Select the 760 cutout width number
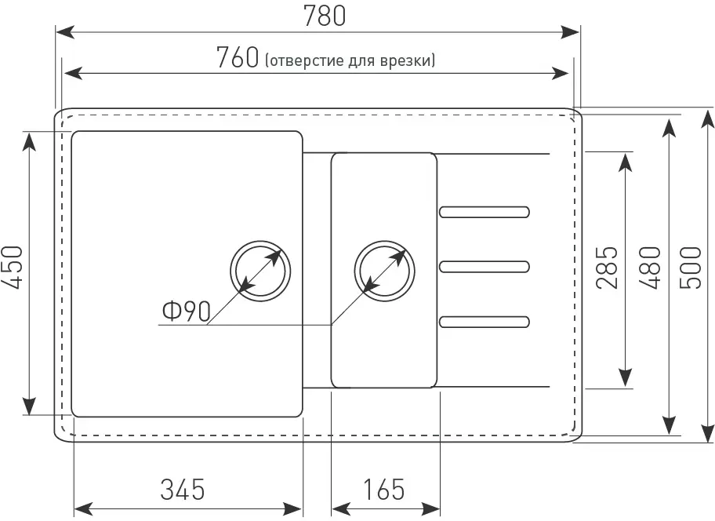click(x=238, y=58)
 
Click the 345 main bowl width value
click(x=183, y=490)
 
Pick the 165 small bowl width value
click(x=385, y=490)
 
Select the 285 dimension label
click(x=608, y=268)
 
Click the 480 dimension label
click(x=649, y=268)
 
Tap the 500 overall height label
click(x=690, y=268)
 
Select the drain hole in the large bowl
click(x=261, y=270)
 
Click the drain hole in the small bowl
click(x=383, y=270)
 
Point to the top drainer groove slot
click(x=484, y=211)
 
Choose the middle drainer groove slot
click(x=484, y=266)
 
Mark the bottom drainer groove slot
click(x=484, y=320)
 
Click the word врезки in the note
click(x=413, y=61)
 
